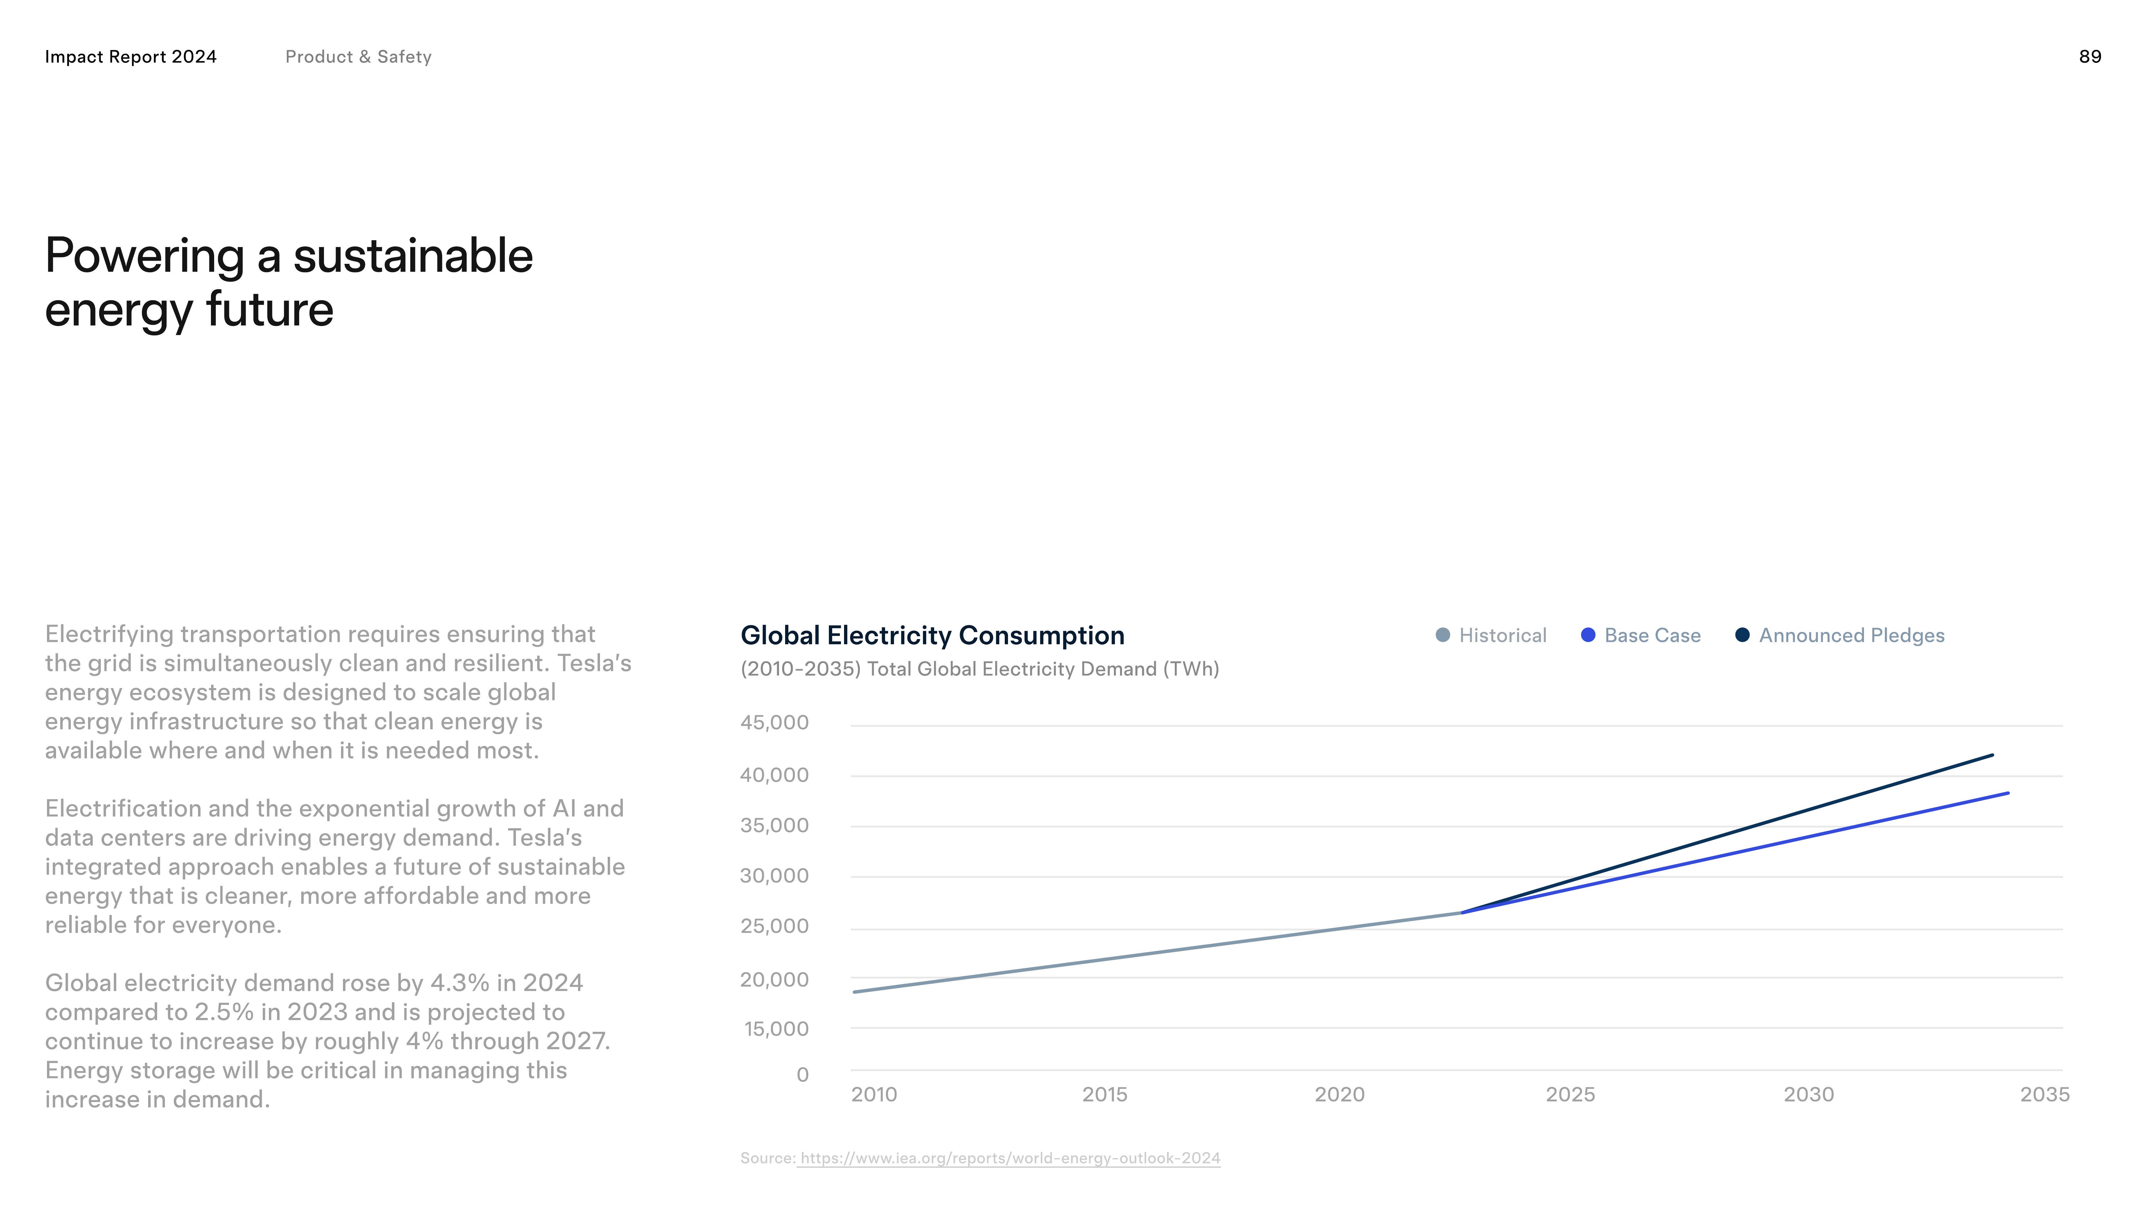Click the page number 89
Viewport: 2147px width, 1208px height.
(2089, 57)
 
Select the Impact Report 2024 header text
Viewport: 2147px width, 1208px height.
(131, 57)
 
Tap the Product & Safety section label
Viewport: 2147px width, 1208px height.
(358, 57)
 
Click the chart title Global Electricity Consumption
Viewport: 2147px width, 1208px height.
(932, 635)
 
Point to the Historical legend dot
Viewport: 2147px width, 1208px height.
(1443, 635)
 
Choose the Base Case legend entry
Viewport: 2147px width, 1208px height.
(1640, 635)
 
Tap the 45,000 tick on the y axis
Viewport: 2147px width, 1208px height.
(774, 723)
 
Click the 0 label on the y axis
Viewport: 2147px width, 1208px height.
(803, 1075)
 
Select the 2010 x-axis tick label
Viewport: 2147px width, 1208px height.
(873, 1095)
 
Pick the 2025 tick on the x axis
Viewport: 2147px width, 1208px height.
(1570, 1095)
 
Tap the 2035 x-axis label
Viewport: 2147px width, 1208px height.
(2045, 1095)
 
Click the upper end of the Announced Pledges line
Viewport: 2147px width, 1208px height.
(1992, 755)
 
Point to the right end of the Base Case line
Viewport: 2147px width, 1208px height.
(2008, 793)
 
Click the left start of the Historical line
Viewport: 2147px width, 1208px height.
(854, 992)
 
